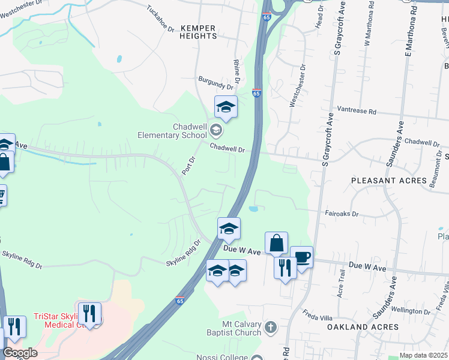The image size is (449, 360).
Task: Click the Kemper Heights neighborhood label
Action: pyautogui.click(x=198, y=32)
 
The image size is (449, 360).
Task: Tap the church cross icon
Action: pyautogui.click(x=271, y=328)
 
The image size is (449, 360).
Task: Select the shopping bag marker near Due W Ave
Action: pyautogui.click(x=276, y=243)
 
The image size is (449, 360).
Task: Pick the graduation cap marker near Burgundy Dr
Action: pyautogui.click(x=226, y=107)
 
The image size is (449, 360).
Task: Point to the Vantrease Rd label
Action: pyautogui.click(x=356, y=112)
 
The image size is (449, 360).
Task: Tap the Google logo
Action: pyautogui.click(x=20, y=353)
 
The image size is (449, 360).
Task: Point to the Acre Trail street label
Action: pyautogui.click(x=342, y=282)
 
